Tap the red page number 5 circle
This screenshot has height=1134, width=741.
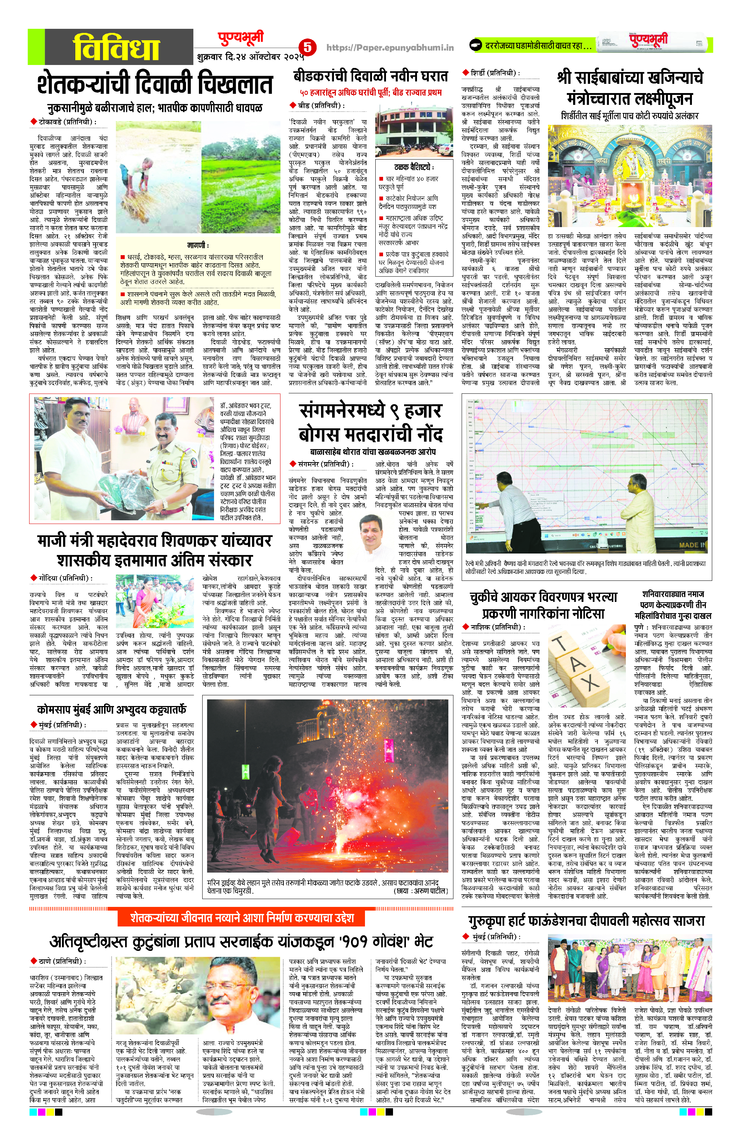click(308, 47)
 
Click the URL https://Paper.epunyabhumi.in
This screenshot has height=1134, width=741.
click(390, 47)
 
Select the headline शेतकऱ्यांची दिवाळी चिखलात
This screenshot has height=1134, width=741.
click(155, 84)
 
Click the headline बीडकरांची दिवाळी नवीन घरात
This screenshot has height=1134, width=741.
click(370, 76)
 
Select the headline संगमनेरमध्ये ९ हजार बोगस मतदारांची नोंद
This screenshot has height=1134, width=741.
click(370, 422)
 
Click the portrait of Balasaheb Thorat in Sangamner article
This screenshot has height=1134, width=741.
click(378, 538)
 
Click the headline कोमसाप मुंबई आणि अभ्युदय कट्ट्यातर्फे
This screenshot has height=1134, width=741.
click(111, 709)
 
